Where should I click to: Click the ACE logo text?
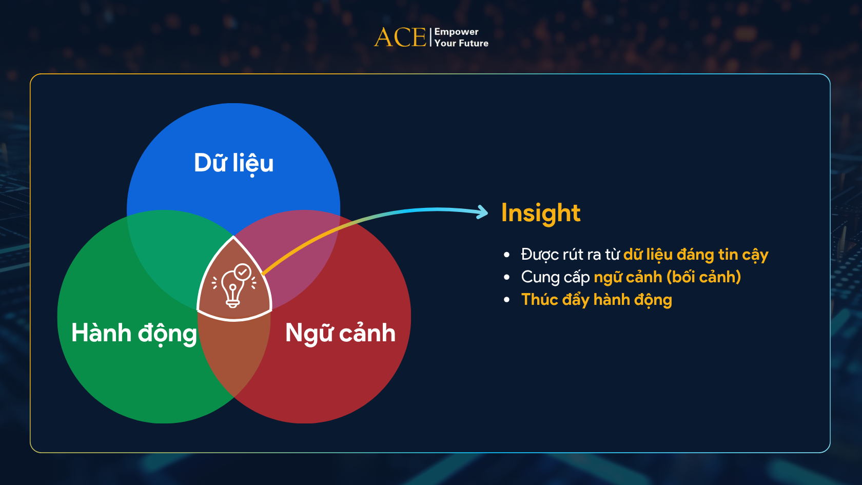tap(400, 37)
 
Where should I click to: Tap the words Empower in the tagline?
tap(456, 32)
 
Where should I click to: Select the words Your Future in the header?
tap(461, 44)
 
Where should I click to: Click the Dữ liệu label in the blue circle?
tap(233, 163)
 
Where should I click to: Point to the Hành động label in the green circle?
tap(134, 333)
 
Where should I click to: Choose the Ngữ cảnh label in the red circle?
tap(340, 333)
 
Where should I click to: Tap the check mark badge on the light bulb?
tap(243, 272)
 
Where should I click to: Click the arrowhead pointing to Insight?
tap(482, 211)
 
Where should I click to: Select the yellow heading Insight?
tap(540, 213)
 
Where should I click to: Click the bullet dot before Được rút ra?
tap(507, 255)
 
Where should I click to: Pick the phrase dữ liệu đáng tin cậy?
tap(695, 255)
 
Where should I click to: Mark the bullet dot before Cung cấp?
tap(507, 277)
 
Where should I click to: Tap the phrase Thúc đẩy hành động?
tap(596, 300)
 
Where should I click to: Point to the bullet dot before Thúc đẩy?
tap(507, 300)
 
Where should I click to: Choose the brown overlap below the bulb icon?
tap(234, 354)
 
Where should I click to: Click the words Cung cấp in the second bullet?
tap(555, 277)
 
